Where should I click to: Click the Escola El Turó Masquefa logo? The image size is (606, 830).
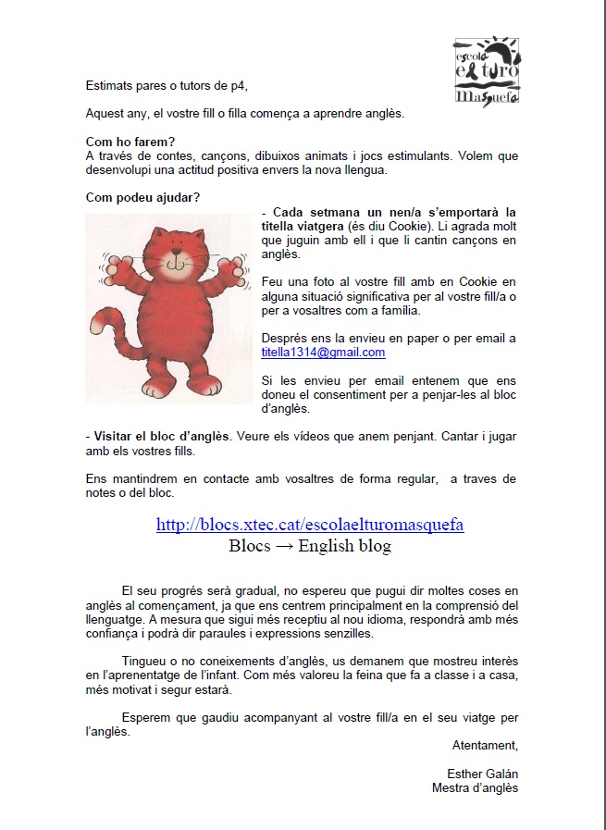pos(487,70)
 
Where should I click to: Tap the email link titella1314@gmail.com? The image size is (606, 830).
pos(323,353)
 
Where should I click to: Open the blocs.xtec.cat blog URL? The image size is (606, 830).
pos(310,525)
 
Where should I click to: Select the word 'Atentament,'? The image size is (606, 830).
pos(485,745)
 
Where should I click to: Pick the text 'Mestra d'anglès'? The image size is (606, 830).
pos(475,788)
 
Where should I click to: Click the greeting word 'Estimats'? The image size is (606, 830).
pos(110,86)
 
